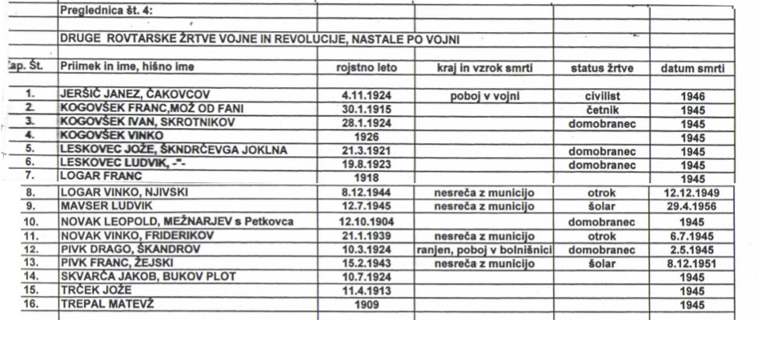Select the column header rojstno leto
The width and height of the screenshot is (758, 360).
(365, 69)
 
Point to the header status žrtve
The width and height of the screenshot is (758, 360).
(602, 69)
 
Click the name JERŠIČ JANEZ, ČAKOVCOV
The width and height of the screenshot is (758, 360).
(135, 95)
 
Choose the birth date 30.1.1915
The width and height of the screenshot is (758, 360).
(365, 107)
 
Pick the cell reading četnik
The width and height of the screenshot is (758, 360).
(603, 107)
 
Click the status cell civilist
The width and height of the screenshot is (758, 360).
(603, 95)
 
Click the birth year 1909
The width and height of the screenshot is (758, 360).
(365, 305)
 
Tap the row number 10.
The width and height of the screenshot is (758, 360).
(31, 220)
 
